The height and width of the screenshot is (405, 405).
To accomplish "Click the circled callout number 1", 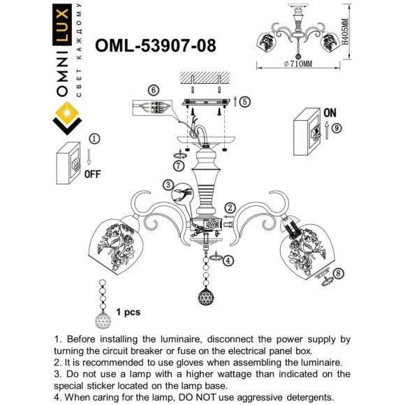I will (x=96, y=140).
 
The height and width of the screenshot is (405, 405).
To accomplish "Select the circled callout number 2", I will (x=230, y=207).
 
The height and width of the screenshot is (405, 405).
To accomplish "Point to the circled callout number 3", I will (x=168, y=185).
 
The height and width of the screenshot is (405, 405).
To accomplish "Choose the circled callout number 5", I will (x=244, y=101).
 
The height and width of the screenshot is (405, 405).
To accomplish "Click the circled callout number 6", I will (x=153, y=90).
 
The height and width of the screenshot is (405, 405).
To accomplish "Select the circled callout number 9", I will (x=337, y=128).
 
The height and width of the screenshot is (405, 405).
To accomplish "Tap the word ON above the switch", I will (x=331, y=112).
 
